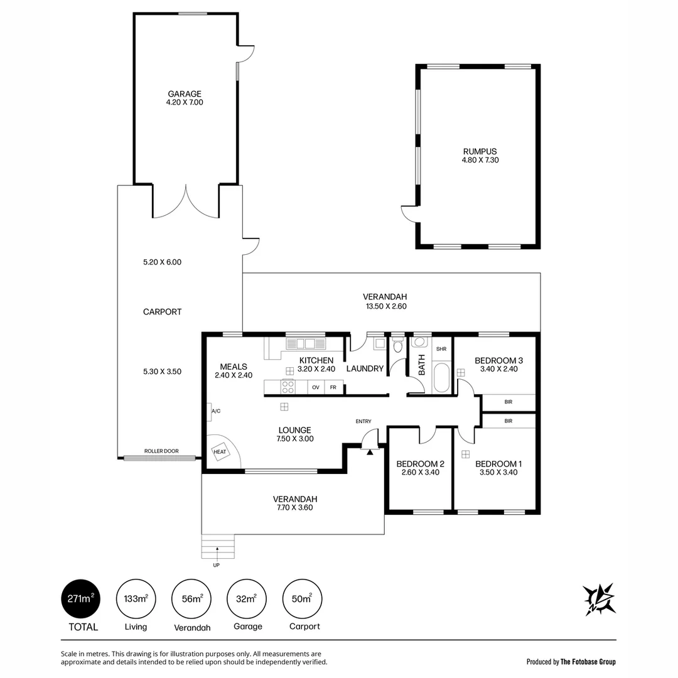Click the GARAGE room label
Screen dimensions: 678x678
(185, 94)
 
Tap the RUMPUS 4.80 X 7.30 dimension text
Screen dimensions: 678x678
(480, 160)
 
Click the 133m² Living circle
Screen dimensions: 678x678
(136, 599)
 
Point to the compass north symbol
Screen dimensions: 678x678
(599, 599)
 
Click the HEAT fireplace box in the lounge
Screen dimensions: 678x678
(220, 452)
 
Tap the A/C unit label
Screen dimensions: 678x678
(215, 411)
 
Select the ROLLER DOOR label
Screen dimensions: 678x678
(161, 451)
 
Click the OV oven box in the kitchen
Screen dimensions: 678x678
(316, 387)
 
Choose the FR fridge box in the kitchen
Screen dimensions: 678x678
(333, 387)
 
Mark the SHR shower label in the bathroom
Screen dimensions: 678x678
(441, 349)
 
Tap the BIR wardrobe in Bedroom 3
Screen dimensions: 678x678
(508, 402)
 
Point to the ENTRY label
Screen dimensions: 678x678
(363, 421)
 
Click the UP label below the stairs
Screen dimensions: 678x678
(217, 565)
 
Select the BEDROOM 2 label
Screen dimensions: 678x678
(420, 464)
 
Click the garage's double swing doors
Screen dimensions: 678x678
(185, 202)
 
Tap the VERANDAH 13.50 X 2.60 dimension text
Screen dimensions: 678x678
(385, 306)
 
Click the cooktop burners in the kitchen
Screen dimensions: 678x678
(288, 387)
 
